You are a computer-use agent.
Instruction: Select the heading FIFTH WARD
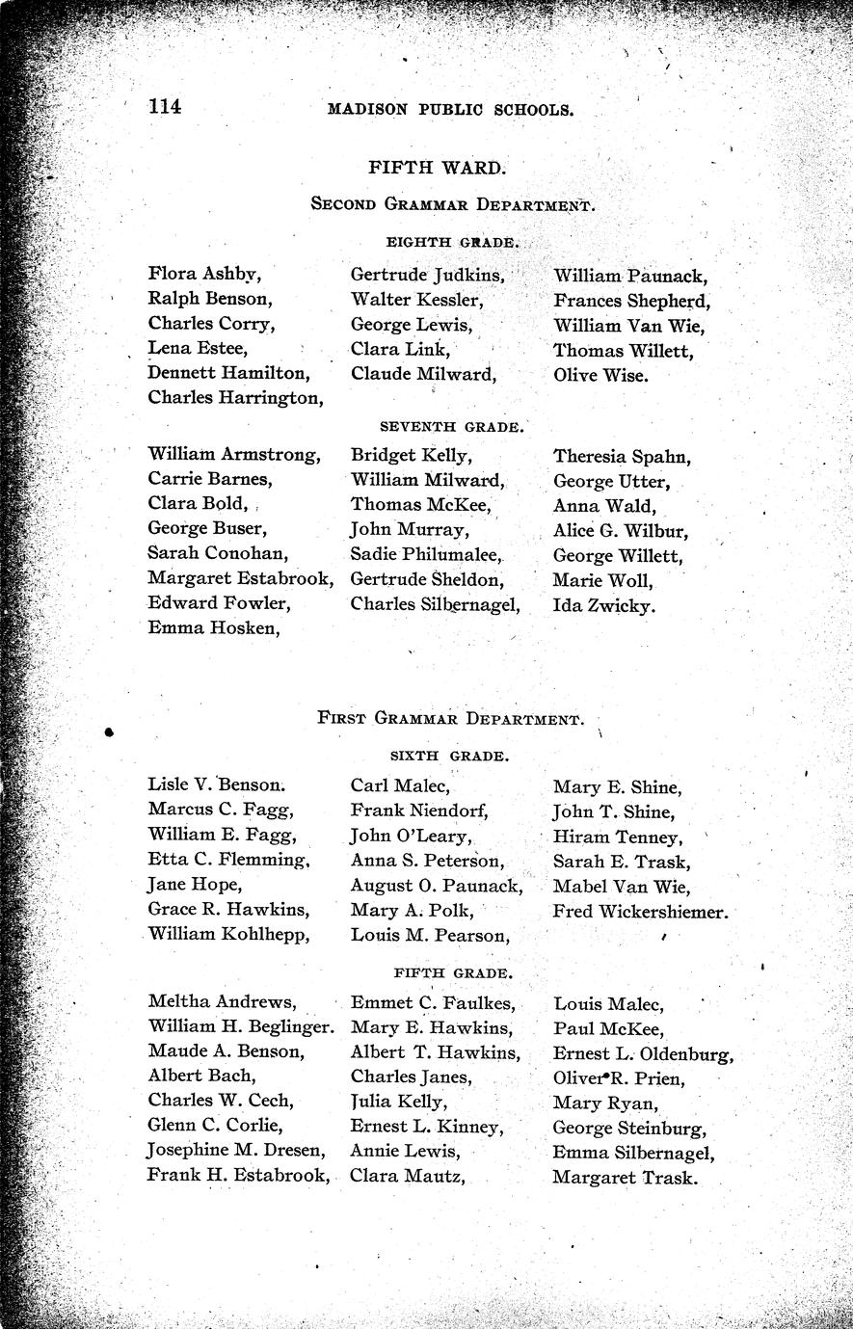(437, 167)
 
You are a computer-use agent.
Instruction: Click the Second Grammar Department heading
(450, 204)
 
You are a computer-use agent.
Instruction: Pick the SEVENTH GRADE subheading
(452, 425)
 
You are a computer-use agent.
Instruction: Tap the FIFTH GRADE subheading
(450, 973)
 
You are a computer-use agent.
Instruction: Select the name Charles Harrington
(235, 396)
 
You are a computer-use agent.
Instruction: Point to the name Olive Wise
(600, 375)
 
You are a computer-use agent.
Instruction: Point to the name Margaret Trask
(625, 1177)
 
